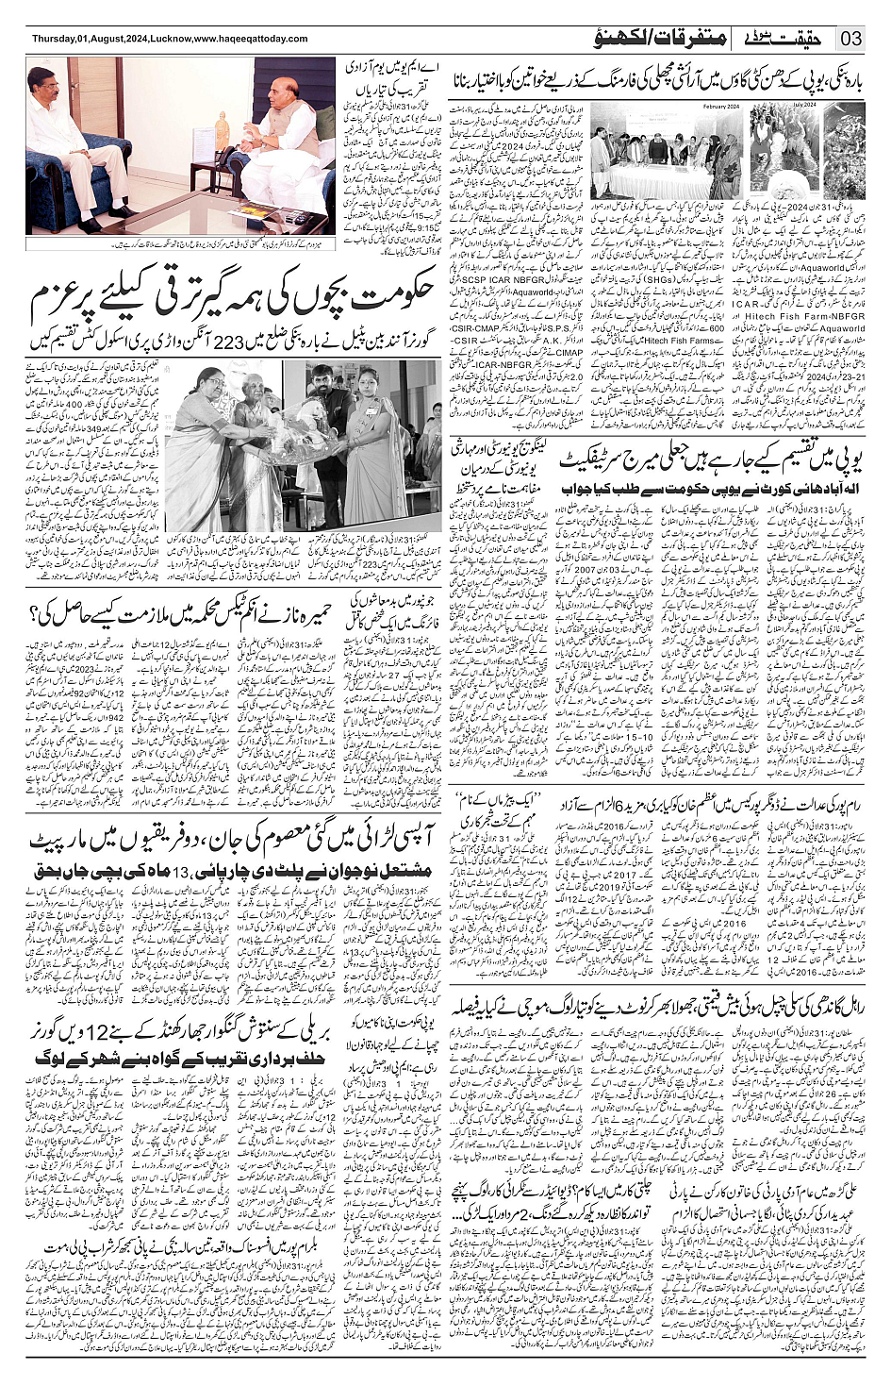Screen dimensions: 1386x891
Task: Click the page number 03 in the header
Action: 852,39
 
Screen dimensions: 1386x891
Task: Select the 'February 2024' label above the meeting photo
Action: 719,107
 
